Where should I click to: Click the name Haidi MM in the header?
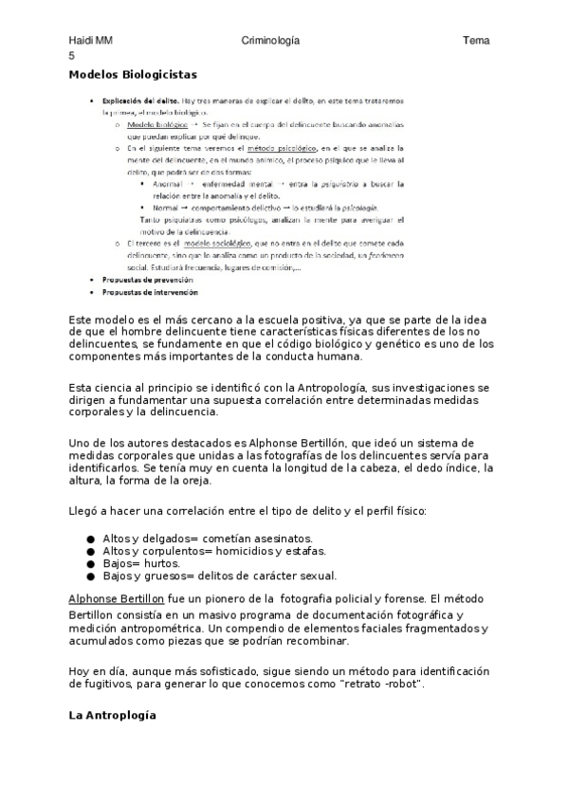[x=91, y=40]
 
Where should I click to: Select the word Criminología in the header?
[x=270, y=40]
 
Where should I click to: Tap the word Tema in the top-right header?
[x=476, y=40]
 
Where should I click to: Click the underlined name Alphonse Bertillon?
[x=117, y=599]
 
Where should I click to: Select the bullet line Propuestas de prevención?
[x=147, y=280]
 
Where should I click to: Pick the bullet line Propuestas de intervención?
[x=150, y=292]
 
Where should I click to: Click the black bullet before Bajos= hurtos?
[x=90, y=563]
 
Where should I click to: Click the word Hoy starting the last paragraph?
[x=80, y=670]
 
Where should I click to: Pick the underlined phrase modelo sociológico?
[x=224, y=244]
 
